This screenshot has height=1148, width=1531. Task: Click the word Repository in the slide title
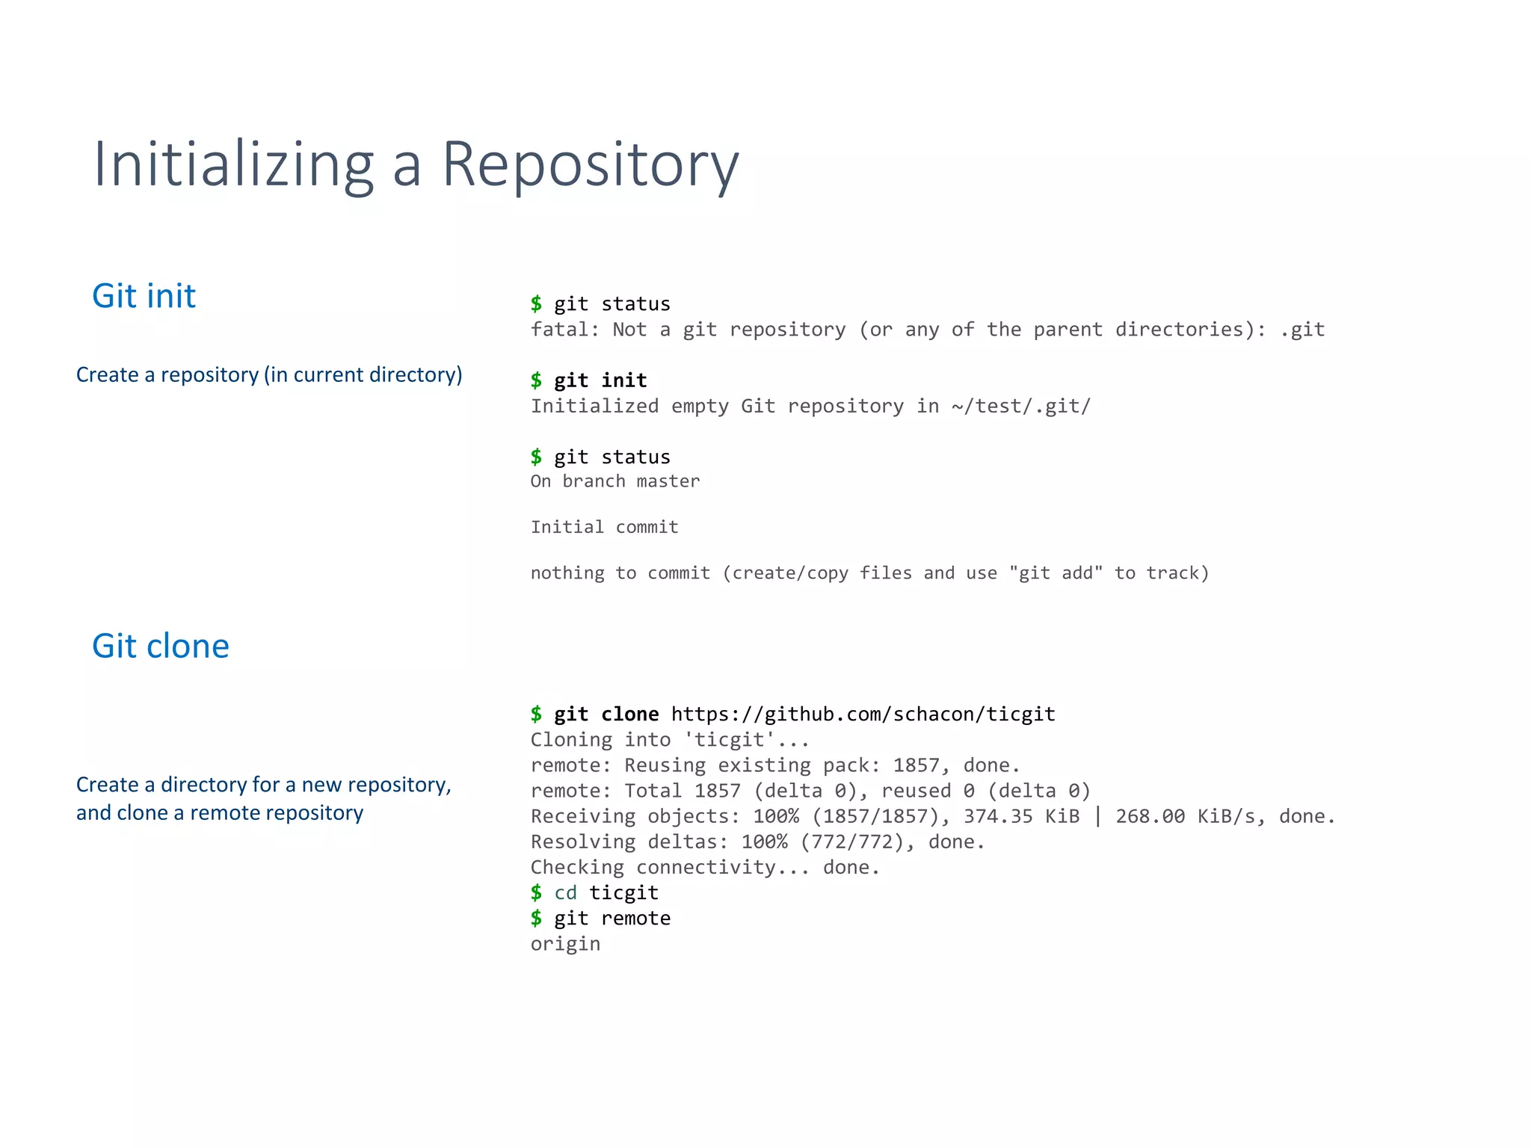point(590,164)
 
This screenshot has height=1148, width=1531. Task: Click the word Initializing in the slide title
point(232,164)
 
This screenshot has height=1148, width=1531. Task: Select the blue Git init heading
point(144,296)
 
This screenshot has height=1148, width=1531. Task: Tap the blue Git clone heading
point(160,646)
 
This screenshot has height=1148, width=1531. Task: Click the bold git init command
point(600,380)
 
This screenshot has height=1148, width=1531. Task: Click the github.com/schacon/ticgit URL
point(863,714)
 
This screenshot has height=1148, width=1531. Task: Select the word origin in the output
point(565,944)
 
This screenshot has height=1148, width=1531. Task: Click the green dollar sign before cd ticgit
point(536,892)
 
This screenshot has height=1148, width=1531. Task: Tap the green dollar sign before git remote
point(536,918)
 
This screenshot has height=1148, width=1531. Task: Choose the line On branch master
point(614,481)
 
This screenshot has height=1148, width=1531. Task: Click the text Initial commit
point(604,527)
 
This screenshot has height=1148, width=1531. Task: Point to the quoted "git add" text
point(1056,573)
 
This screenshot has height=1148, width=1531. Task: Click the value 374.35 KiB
point(1021,816)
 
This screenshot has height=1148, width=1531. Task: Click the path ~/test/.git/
point(1020,406)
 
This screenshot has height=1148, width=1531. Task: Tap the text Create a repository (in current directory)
point(269,374)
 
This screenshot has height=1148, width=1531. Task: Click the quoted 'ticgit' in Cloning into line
point(730,740)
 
